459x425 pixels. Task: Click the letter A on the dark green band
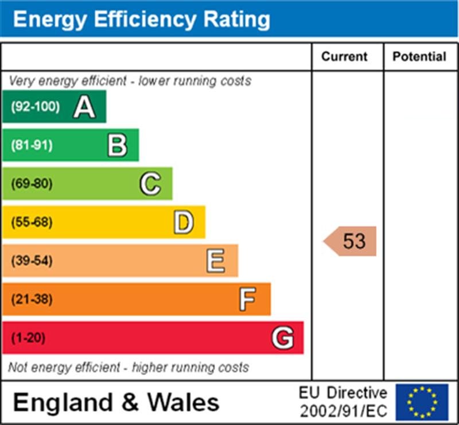tap(84, 107)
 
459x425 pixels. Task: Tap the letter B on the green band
tap(117, 145)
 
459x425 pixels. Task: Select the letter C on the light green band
tap(150, 184)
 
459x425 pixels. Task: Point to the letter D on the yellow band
tap(183, 222)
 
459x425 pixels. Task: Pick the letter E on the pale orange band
tap(216, 261)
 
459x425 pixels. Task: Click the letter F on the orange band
tap(247, 299)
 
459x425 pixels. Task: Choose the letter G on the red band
tap(282, 338)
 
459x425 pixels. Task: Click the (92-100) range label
tap(35, 107)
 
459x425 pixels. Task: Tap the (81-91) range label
tap(32, 145)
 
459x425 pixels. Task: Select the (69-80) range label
tap(32, 184)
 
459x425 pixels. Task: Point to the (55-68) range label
tap(32, 222)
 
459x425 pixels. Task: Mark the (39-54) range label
tap(32, 261)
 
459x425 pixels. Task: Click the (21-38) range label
tap(32, 299)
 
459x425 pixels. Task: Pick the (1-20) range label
tap(28, 338)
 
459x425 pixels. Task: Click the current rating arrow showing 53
tap(351, 241)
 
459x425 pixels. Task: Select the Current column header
tap(344, 57)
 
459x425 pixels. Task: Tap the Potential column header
tap(419, 57)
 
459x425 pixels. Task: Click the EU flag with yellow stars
tap(422, 402)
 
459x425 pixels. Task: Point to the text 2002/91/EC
tap(343, 411)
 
